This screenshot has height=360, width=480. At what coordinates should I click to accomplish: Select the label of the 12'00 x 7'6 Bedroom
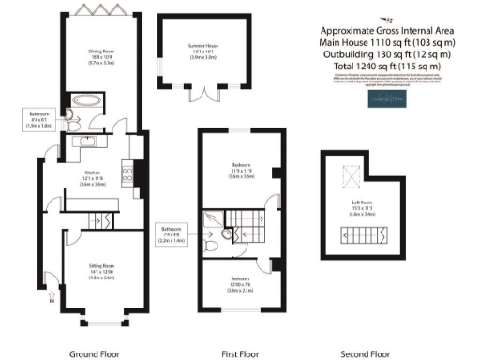(241, 285)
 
